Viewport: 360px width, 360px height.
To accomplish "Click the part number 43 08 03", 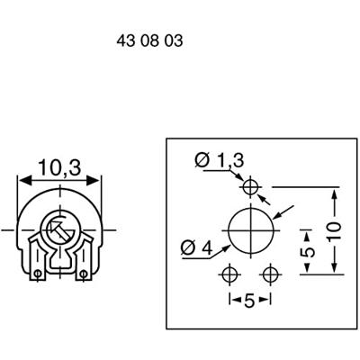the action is coord(149,40).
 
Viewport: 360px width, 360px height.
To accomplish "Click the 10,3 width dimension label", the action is coord(59,167).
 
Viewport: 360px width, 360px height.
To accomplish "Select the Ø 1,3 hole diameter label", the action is coord(220,160).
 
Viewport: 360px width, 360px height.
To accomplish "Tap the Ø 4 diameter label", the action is coord(196,247).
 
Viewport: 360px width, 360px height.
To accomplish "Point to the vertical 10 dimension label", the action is coord(334,231).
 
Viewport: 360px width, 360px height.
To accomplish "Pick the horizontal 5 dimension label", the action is coord(250,301).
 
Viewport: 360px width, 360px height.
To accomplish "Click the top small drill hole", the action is coord(250,187).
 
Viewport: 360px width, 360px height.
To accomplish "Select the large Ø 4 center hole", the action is coord(251,230).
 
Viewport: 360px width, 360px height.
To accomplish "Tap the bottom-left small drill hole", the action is coord(230,274).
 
